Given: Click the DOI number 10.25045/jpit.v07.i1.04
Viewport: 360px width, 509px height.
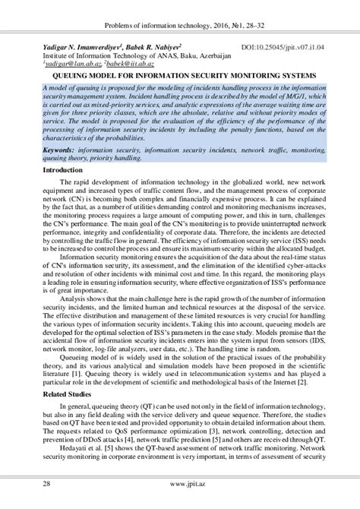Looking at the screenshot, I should click(x=291, y=47).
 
